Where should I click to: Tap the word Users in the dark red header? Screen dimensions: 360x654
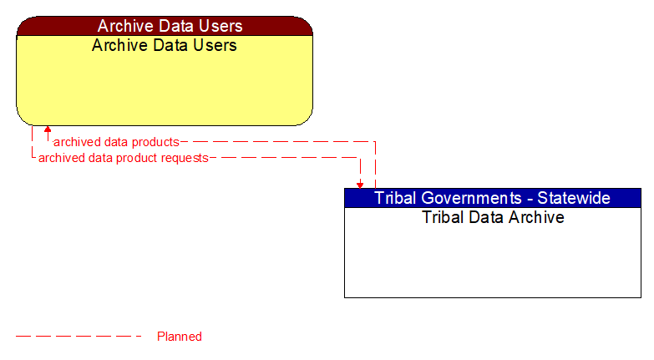pyautogui.click(x=219, y=26)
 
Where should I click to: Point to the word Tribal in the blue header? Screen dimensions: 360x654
pyautogui.click(x=395, y=198)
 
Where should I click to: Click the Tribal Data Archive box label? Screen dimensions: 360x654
pyautogui.click(x=493, y=217)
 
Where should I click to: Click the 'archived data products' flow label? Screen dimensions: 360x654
pyautogui.click(x=116, y=142)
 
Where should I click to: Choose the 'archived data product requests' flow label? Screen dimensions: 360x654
pyautogui.click(x=124, y=157)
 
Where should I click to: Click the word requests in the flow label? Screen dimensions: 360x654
pyautogui.click(x=185, y=157)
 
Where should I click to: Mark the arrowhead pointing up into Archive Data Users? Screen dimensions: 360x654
pyautogui.click(x=48, y=129)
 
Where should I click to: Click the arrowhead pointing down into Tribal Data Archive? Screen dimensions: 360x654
pyautogui.click(x=360, y=184)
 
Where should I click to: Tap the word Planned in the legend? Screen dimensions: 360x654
pyautogui.click(x=180, y=337)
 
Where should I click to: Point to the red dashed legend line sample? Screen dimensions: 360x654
pyautogui.click(x=79, y=337)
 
